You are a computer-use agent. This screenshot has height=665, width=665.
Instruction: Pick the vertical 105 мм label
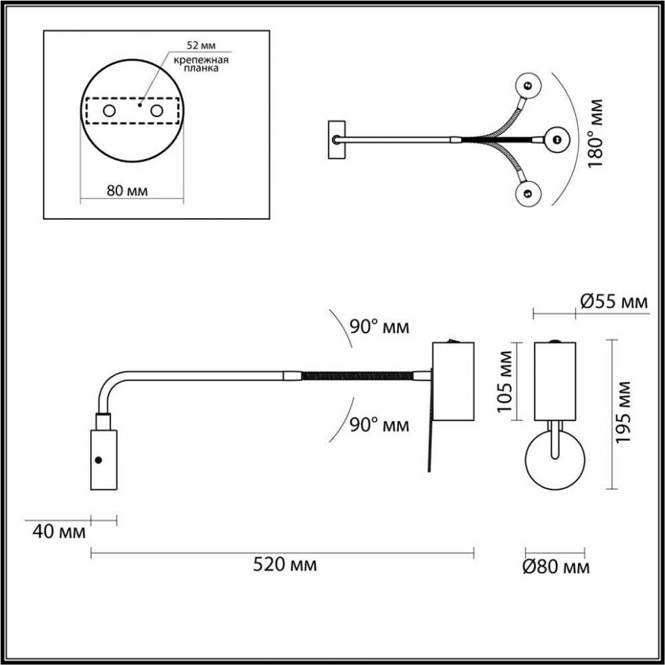505,381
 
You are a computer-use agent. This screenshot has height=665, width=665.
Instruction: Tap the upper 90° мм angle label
379,327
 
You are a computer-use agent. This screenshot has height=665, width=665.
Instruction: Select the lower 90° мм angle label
379,425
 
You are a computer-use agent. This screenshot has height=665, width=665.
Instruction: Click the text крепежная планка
201,65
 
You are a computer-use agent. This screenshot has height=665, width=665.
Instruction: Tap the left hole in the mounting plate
109,111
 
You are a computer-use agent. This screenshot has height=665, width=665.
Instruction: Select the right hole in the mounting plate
157,111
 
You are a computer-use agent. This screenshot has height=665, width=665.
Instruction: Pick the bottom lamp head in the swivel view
528,194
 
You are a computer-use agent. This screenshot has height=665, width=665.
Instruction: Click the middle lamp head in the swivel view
557,140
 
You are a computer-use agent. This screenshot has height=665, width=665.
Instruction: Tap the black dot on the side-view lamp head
99,460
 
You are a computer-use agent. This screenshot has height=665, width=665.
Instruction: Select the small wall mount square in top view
337,140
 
